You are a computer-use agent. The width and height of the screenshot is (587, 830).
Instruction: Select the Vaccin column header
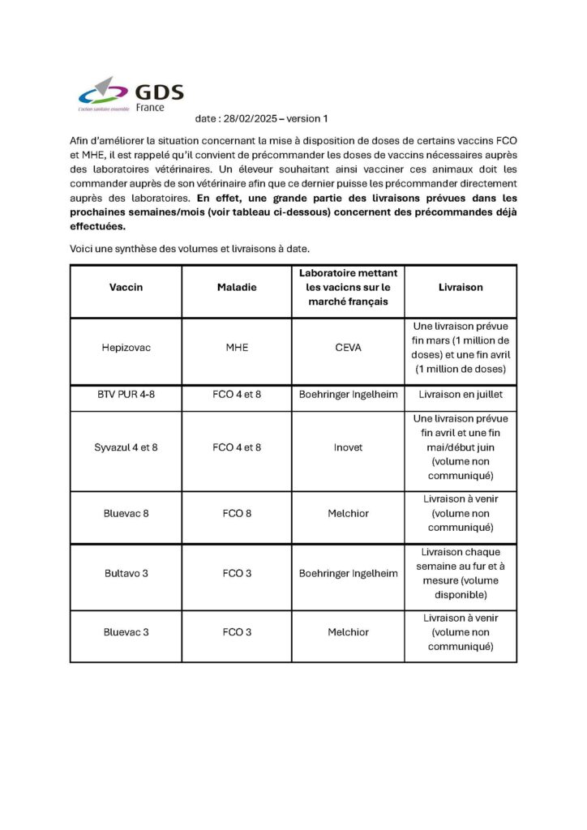click(126, 287)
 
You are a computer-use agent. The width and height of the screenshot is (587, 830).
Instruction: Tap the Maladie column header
click(237, 287)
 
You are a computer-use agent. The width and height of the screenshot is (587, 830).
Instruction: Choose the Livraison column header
click(461, 287)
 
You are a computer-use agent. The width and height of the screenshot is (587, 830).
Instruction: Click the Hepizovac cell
click(126, 348)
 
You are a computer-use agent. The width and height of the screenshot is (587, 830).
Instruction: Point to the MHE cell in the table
click(237, 348)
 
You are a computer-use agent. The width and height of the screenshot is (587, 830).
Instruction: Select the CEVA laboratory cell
click(348, 348)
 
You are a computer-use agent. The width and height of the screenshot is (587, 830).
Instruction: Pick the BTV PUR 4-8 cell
click(126, 395)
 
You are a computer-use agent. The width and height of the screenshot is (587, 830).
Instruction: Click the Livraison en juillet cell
click(461, 395)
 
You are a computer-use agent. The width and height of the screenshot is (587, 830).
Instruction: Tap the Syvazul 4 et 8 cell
click(126, 447)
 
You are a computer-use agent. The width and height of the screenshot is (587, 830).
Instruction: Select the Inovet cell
click(348, 447)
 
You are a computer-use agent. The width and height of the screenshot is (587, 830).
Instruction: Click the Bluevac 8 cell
click(126, 513)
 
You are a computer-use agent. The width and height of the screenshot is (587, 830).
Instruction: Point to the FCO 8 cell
click(237, 513)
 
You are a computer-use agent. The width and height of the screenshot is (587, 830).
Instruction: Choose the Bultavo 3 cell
click(126, 573)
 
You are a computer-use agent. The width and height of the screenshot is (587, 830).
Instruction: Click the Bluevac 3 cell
click(126, 632)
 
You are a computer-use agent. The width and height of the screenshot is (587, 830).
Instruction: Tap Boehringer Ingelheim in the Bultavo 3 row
click(348, 573)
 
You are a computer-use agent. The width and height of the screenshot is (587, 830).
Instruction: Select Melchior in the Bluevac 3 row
click(348, 632)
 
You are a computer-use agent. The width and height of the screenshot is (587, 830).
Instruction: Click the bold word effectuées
click(97, 227)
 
